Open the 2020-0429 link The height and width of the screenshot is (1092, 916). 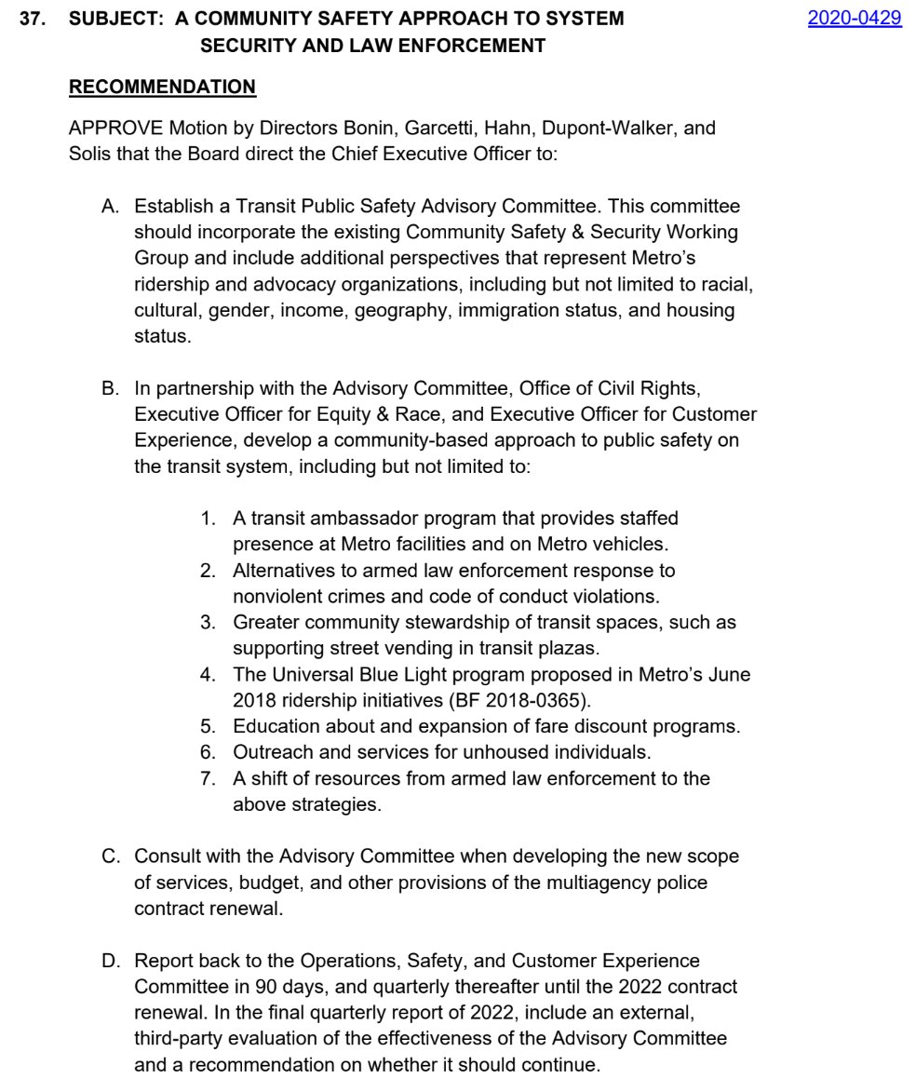click(x=854, y=18)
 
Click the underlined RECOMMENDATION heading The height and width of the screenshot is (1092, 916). click(x=162, y=87)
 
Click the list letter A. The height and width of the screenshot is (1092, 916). click(x=109, y=207)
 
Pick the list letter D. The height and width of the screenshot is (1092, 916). click(x=109, y=960)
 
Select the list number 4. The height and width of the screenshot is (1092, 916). click(x=208, y=674)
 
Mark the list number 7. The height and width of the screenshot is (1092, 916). click(x=208, y=778)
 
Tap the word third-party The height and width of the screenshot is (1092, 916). click(x=184, y=1038)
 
